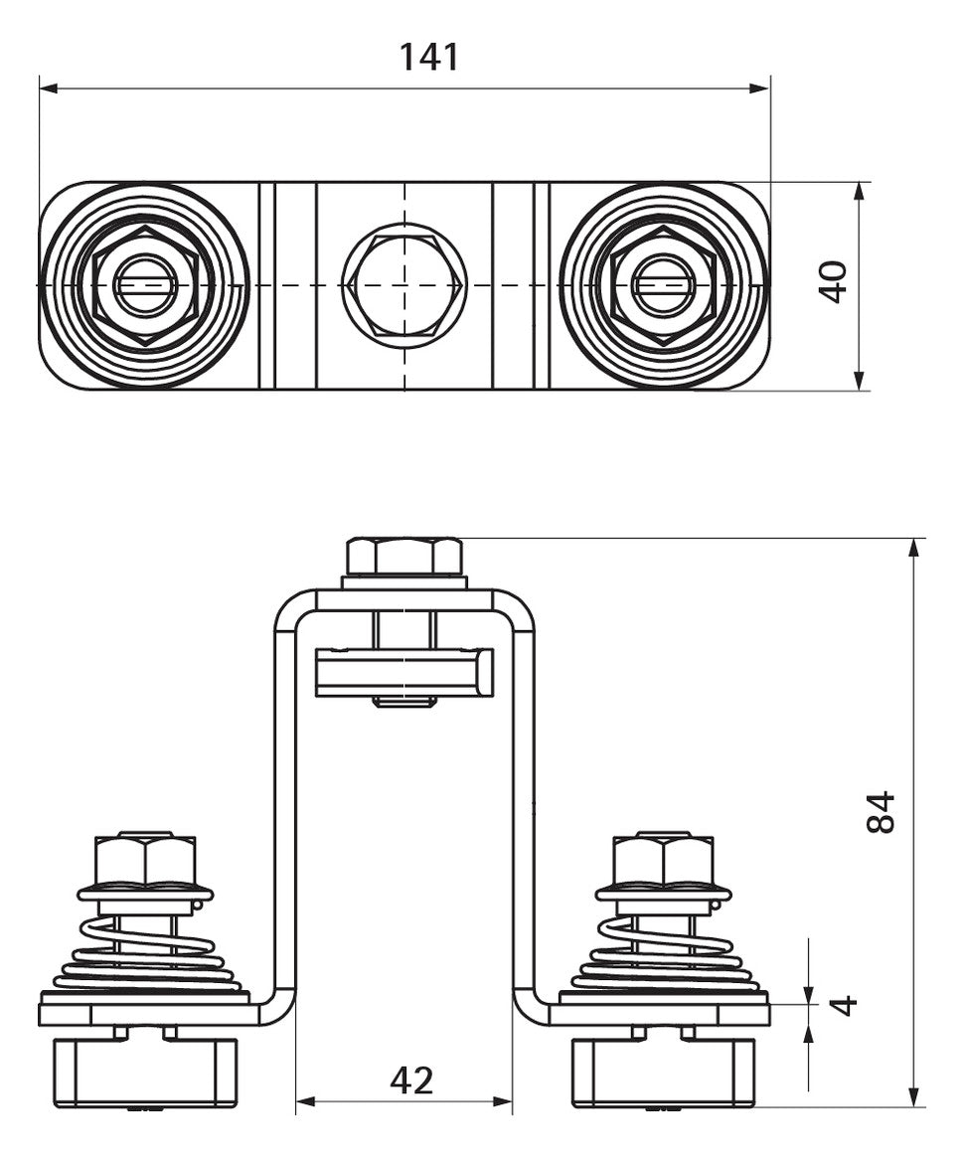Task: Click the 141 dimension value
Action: pos(429,57)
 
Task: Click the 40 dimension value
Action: pos(835,281)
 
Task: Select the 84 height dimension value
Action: pos(881,812)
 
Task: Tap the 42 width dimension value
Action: pos(411,1081)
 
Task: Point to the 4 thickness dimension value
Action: pos(844,1005)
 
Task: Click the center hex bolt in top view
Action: pos(404,284)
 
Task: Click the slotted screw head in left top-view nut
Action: pos(146,284)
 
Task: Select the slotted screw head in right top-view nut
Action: pos(663,284)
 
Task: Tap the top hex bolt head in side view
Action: pos(404,558)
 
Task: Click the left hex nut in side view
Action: pos(146,859)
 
